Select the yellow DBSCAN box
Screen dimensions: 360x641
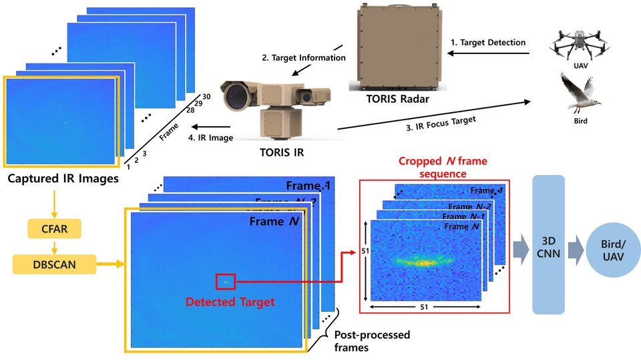pyautogui.click(x=54, y=265)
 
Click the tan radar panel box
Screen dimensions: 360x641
pyautogui.click(x=398, y=46)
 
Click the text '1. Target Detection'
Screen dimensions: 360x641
pyautogui.click(x=488, y=42)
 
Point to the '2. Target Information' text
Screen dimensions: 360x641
pyautogui.click(x=303, y=58)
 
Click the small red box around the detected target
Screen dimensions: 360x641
pyautogui.click(x=226, y=282)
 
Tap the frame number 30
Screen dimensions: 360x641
pyautogui.click(x=207, y=97)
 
